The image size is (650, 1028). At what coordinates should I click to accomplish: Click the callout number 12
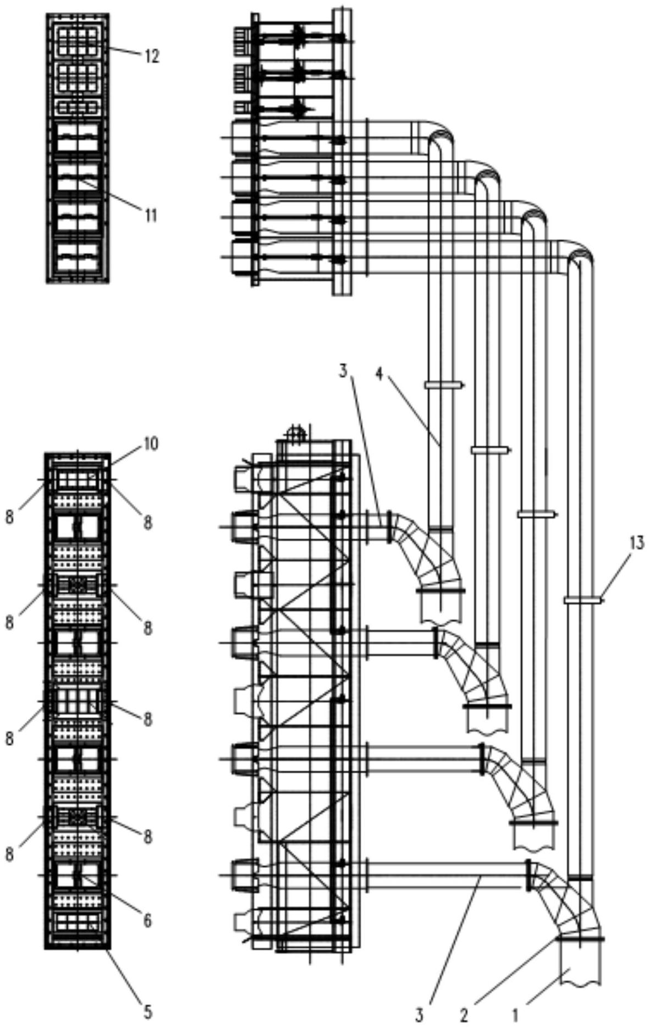point(151,56)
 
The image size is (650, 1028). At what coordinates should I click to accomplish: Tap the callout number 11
point(150,216)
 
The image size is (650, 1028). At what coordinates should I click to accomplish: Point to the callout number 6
point(147,921)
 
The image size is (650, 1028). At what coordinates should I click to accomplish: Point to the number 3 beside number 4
point(343,372)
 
